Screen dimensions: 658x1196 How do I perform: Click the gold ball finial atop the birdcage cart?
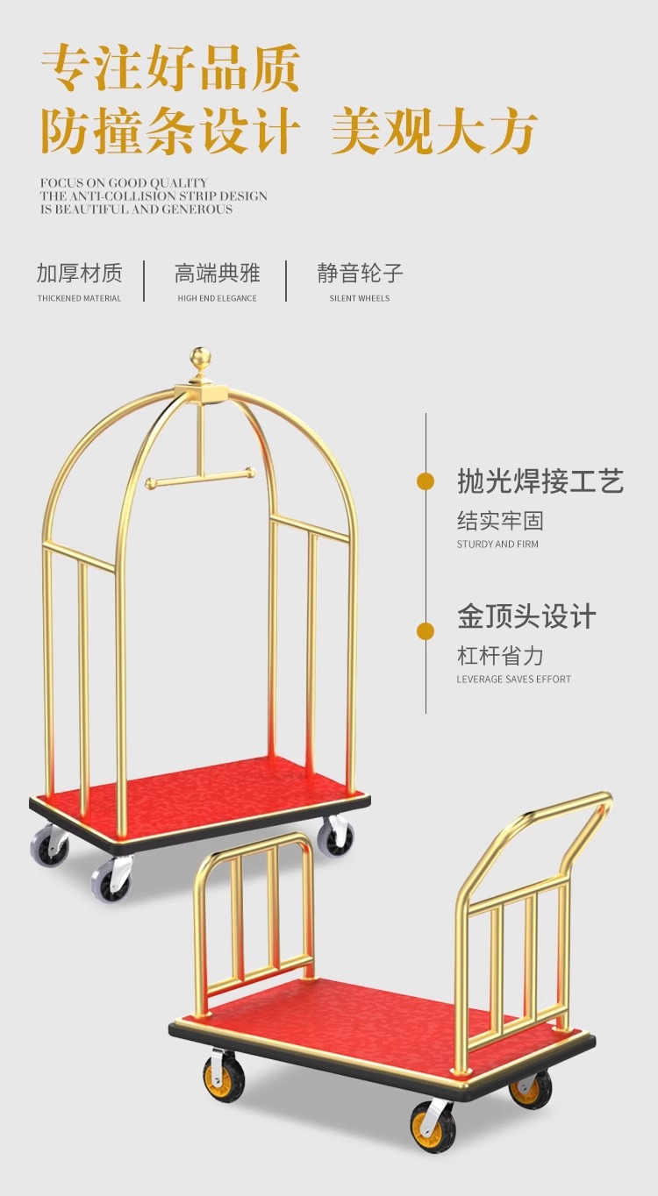point(201,359)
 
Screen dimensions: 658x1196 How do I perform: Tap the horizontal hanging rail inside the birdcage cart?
point(200,477)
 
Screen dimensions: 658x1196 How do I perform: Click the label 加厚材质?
point(79,273)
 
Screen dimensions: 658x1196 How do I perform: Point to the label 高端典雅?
point(217,273)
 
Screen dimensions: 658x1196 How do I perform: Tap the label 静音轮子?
point(360,273)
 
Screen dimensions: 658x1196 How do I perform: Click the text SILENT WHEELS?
point(360,298)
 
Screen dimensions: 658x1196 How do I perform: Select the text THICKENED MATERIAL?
point(79,298)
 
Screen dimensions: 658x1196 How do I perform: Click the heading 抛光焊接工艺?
point(540,481)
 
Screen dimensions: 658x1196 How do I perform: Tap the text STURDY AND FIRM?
point(497,545)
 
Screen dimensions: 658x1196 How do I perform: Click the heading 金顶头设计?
point(526,616)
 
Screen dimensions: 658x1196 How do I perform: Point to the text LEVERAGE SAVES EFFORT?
point(513,680)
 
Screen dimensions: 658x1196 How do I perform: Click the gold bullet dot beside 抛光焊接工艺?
point(426,481)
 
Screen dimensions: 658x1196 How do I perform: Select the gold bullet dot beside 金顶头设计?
point(426,631)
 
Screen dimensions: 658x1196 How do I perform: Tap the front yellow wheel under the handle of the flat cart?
point(433,1124)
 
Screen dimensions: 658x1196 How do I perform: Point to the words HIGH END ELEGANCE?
point(217,298)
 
